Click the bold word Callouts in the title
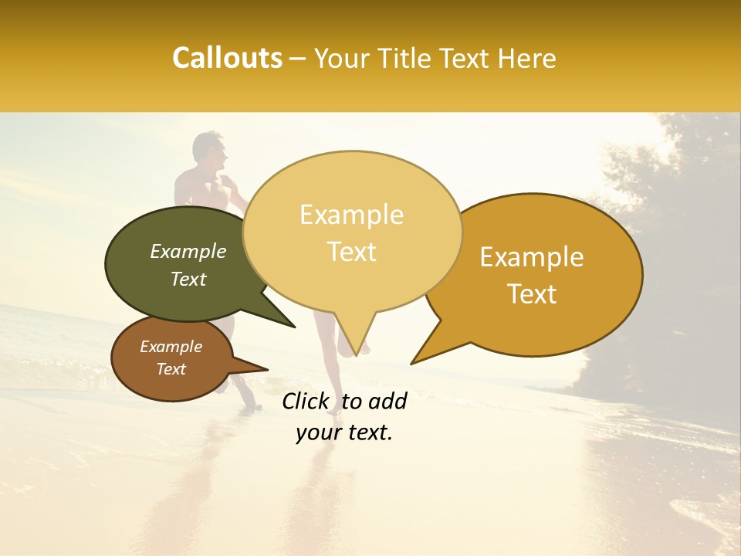tap(227, 58)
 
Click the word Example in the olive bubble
tap(188, 252)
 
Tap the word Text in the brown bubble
tap(171, 369)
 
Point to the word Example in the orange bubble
tap(532, 257)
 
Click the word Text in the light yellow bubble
tap(352, 252)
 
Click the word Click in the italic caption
tap(306, 401)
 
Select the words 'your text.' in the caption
tap(344, 433)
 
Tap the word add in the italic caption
tap(387, 401)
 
